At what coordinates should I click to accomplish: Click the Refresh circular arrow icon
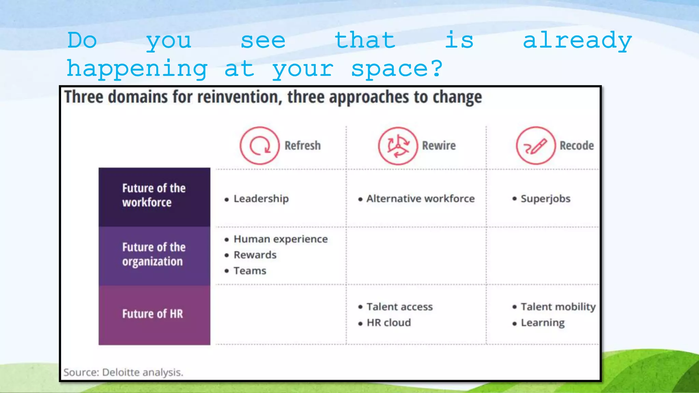point(260,146)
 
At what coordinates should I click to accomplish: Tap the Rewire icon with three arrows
point(398,146)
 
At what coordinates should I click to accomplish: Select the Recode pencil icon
point(536,146)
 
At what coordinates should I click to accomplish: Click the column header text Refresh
point(303,146)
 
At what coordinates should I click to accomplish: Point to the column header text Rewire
point(439,146)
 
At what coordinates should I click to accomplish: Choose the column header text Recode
point(577,146)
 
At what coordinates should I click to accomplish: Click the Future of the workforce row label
point(154,195)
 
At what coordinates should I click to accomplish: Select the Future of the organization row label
point(154,254)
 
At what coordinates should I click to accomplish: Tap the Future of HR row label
point(153,314)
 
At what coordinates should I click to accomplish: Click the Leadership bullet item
point(261,199)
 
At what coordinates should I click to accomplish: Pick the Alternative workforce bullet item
point(420,199)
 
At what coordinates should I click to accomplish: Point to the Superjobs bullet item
point(545,199)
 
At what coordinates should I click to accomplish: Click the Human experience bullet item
point(281,239)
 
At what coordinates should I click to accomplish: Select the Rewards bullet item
point(255,255)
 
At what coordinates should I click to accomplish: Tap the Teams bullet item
point(250,271)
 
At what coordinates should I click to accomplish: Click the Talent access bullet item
point(400,307)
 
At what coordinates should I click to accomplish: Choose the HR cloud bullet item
point(389,323)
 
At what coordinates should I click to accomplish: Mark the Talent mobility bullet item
point(558,307)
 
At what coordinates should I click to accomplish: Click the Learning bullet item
point(543,323)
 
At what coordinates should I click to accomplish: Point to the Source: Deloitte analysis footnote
point(124,372)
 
